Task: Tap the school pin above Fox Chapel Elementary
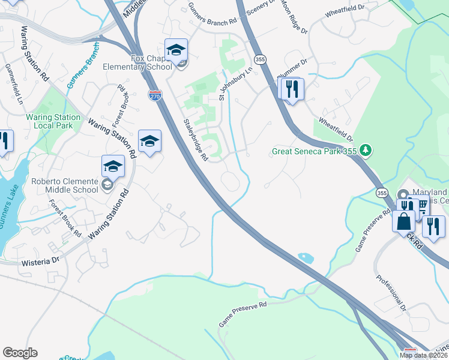click(x=176, y=50)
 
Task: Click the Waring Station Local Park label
click(x=53, y=121)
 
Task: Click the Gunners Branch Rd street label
click(x=208, y=23)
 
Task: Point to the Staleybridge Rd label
click(x=195, y=140)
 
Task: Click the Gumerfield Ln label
click(x=13, y=85)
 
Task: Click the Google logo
click(x=20, y=353)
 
